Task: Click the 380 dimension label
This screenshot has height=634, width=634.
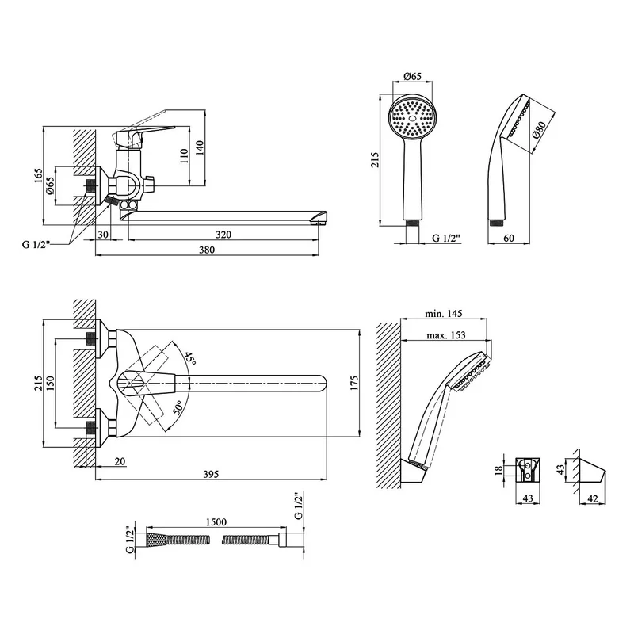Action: pos(207,250)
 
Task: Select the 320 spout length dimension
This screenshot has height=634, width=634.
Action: pos(224,235)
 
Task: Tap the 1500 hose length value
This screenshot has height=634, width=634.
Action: pos(216,522)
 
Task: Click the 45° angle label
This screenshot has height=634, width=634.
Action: pos(188,359)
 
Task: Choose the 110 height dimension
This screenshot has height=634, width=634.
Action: pos(185,155)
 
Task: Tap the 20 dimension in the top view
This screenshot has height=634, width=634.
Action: pos(120,461)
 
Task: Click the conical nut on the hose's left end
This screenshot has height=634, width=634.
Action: pos(151,540)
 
